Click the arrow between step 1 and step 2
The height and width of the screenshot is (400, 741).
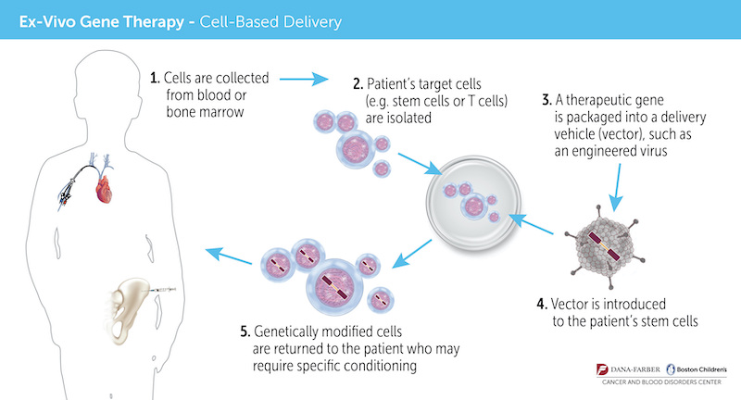[298, 79]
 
